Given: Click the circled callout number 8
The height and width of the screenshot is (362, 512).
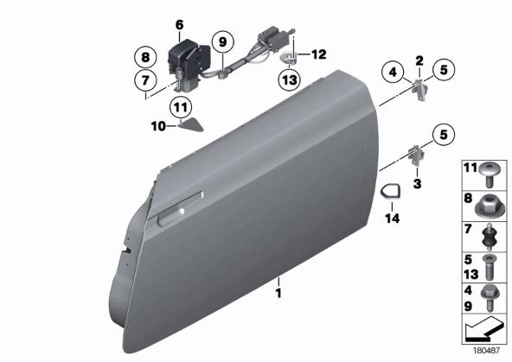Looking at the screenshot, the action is (145, 58).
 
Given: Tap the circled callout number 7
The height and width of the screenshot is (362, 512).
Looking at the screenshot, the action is (145, 80).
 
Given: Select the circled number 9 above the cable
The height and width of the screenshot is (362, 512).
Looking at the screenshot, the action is (222, 42).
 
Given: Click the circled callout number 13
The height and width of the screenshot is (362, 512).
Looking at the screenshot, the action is (290, 79).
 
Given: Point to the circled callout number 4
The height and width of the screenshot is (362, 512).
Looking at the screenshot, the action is (394, 72).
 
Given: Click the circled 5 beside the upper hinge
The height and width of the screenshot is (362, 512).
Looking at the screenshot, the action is (444, 70).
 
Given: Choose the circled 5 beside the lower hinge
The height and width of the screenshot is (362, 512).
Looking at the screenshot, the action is (444, 135).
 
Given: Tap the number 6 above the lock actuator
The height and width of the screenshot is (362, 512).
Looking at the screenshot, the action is (180, 25).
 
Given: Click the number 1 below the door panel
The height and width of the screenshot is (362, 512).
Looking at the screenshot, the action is (278, 293).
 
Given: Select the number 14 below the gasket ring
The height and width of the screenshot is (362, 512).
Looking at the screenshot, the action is (393, 219).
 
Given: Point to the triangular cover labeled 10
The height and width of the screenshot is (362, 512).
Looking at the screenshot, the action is (191, 125).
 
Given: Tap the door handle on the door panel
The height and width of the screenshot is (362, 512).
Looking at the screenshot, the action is (170, 217).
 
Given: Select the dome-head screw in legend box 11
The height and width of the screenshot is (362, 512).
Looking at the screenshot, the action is (489, 175).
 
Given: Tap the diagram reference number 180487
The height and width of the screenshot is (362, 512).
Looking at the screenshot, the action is (487, 351).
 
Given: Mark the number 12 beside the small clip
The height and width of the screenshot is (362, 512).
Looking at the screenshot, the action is (318, 54).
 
